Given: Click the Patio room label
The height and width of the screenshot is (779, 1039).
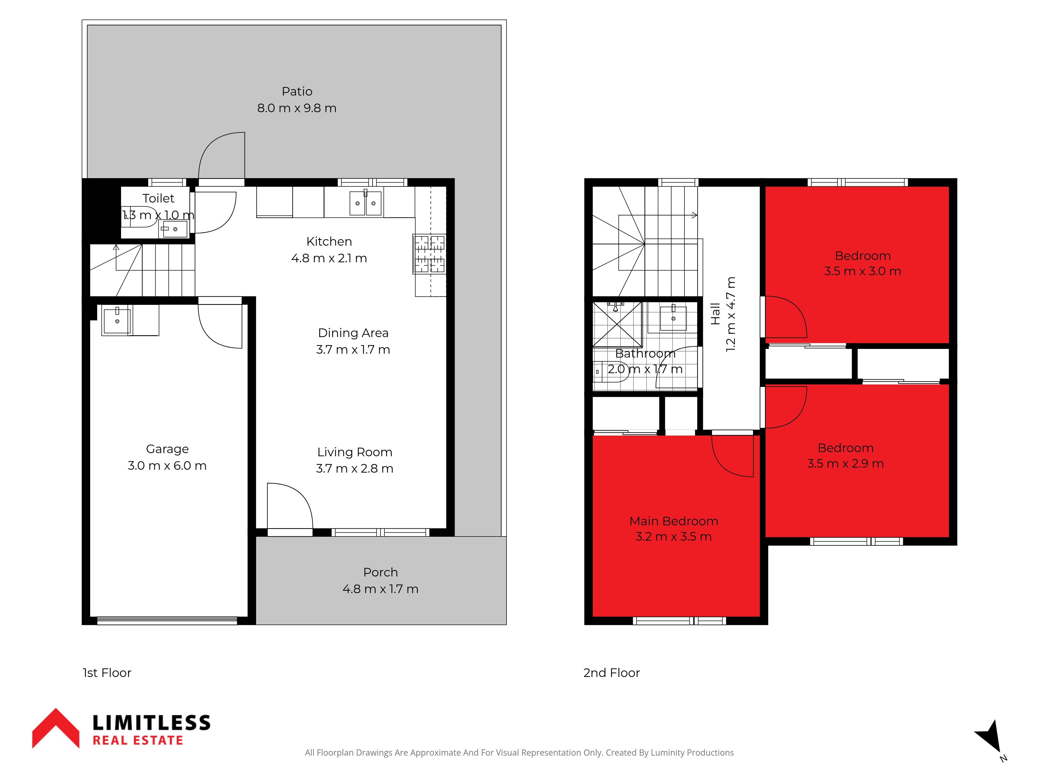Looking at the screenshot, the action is tap(297, 92).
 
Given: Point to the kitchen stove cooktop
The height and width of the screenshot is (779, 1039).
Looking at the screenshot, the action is tap(429, 254).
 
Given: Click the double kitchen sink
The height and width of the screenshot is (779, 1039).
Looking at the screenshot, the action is tap(365, 203).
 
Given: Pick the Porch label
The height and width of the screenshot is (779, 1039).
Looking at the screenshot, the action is tap(381, 572).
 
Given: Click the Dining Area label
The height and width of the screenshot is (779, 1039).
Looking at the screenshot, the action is tap(353, 333).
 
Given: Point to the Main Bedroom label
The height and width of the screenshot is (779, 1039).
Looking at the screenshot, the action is tap(674, 521).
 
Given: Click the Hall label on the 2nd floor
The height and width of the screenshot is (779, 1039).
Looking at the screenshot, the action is tap(715, 314).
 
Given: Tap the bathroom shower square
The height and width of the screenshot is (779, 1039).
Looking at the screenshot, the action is tap(617, 325).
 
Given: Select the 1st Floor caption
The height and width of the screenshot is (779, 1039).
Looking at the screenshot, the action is tap(107, 673).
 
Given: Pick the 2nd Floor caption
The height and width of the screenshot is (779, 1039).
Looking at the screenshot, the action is tap(611, 673).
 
